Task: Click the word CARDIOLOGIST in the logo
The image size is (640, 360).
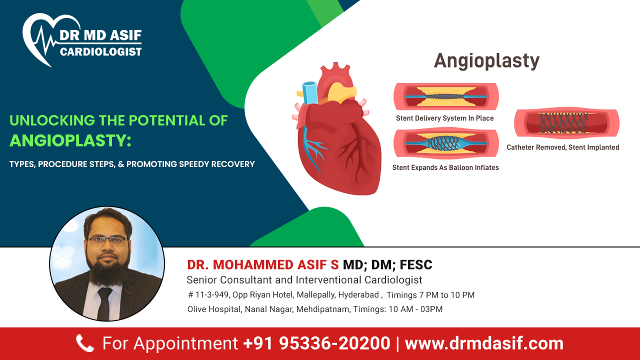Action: (x=100, y=51)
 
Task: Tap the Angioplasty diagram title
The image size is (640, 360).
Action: (x=486, y=61)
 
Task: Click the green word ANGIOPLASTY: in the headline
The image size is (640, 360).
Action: (x=70, y=140)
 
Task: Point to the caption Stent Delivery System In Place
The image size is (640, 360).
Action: (x=444, y=118)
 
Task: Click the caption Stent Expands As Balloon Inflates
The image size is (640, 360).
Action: (x=445, y=167)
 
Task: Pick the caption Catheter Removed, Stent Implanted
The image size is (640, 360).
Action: (x=562, y=147)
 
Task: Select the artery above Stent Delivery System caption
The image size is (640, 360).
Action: (x=446, y=96)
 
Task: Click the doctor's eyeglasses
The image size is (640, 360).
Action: (x=107, y=239)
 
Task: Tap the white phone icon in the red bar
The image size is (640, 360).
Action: (x=84, y=343)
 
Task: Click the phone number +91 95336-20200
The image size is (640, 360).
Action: (x=316, y=343)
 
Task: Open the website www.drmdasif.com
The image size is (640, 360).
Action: (x=483, y=343)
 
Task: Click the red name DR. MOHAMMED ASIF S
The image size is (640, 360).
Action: (x=263, y=265)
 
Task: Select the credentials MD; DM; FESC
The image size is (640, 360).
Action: (x=387, y=265)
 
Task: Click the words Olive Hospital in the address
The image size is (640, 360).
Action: (x=214, y=309)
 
